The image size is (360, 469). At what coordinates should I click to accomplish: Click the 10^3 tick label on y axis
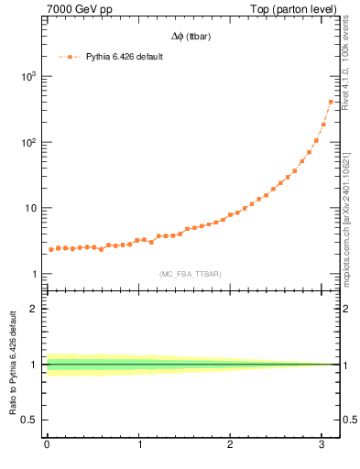pos(27,76)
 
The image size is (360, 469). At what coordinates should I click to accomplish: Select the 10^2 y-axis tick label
pos(27,142)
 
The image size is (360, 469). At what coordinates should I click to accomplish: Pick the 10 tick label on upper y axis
pos(30,208)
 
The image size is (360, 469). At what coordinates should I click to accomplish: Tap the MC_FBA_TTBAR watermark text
pos(191,274)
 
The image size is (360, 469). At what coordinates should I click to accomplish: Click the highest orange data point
pos(331,102)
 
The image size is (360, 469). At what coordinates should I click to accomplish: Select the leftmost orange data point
pos(51,250)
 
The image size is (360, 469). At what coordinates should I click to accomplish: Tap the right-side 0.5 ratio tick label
pos(349,420)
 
